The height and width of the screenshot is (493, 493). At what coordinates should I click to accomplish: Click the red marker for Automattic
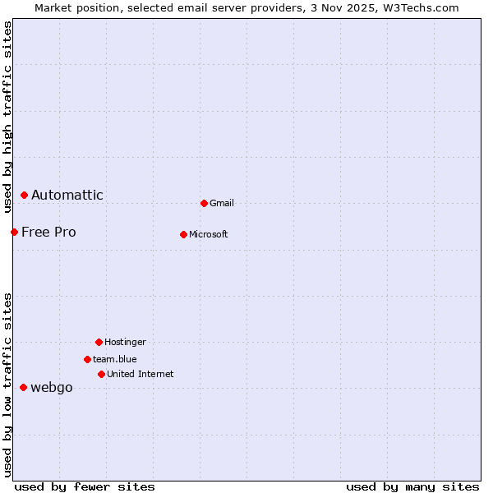point(24,195)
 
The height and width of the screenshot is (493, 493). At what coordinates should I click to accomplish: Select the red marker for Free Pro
point(14,232)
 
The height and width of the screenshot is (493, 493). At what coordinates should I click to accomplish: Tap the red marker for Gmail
point(204,203)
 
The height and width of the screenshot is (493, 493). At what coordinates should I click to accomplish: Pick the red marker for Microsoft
point(183,234)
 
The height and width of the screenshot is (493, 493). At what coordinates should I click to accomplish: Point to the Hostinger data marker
point(99,342)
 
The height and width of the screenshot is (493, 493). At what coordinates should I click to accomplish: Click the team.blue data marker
point(87,359)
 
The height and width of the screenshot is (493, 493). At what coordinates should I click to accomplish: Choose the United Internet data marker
point(101,374)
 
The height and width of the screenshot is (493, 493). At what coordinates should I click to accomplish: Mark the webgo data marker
point(23,387)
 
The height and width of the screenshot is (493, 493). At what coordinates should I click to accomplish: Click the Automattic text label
point(67,195)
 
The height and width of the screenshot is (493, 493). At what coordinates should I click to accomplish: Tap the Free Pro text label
point(48,232)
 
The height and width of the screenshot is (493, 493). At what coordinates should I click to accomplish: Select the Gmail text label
point(222,203)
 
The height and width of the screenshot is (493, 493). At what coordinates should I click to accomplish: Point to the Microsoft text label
point(209,234)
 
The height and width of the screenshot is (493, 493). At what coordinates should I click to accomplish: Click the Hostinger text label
point(125,342)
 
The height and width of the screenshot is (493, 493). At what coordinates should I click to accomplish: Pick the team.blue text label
point(115,359)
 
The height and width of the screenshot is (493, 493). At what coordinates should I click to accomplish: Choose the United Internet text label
point(141,374)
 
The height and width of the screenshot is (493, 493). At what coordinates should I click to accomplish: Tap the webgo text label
point(52,388)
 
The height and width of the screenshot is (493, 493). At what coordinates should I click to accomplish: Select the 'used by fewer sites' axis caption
point(85,486)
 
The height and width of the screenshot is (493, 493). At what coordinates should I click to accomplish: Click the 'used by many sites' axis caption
point(412,486)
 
